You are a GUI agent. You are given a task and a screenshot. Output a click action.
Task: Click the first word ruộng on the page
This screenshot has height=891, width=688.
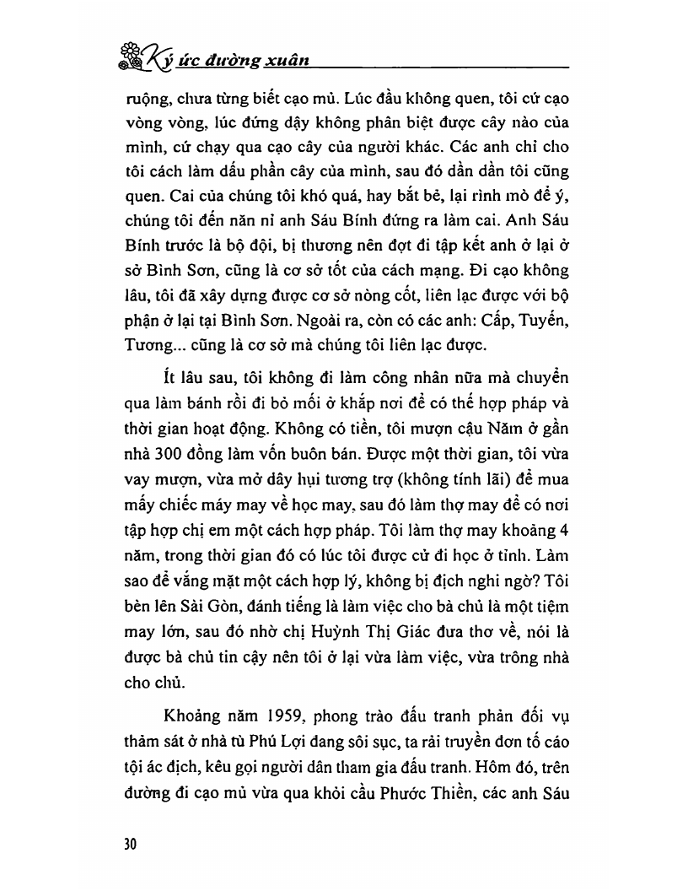[146, 99]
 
